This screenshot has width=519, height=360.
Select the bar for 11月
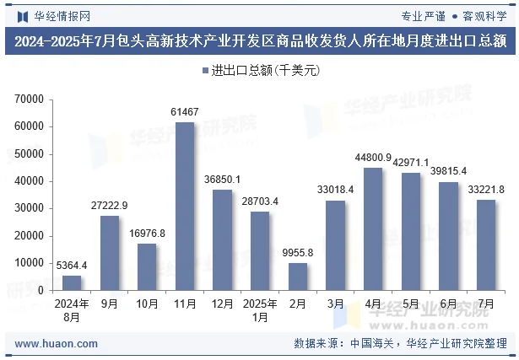pyautogui.click(x=184, y=206)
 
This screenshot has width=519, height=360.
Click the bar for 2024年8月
pyautogui.click(x=72, y=282)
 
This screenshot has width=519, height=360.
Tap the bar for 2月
pyautogui.click(x=298, y=276)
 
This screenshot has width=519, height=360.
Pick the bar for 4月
pyautogui.click(x=373, y=228)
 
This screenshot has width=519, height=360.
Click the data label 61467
pyautogui.click(x=184, y=112)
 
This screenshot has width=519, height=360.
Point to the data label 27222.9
pyautogui.click(x=110, y=206)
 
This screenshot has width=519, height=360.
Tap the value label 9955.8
pyautogui.click(x=298, y=253)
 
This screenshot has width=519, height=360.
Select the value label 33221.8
pyautogui.click(x=485, y=189)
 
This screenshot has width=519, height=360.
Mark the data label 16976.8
pyautogui.click(x=147, y=234)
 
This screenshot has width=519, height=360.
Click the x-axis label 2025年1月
pyautogui.click(x=260, y=310)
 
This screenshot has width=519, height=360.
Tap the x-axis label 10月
pyautogui.click(x=147, y=304)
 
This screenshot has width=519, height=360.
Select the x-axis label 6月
pyautogui.click(x=448, y=304)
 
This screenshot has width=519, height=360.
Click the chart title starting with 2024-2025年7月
pyautogui.click(x=259, y=40)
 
